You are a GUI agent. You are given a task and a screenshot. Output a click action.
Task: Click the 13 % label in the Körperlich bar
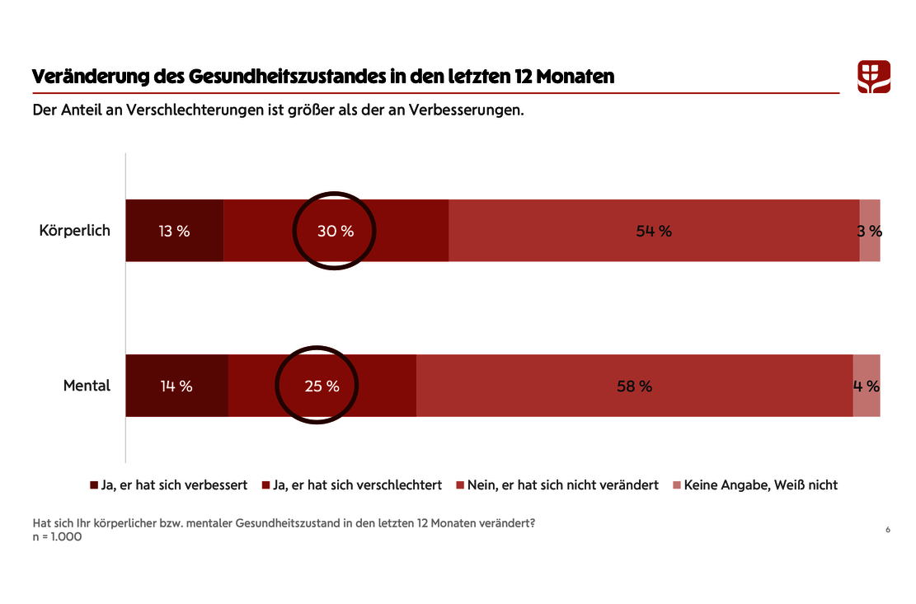pos(174,231)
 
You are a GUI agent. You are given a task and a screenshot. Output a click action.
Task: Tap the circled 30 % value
pos(336,231)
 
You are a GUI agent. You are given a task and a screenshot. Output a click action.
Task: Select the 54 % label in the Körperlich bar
pos(654,231)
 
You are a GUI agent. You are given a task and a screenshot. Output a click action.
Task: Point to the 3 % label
pos(869,231)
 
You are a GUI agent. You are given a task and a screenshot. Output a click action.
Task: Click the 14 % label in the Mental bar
pos(176,386)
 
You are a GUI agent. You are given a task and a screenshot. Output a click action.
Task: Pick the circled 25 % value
pos(322,386)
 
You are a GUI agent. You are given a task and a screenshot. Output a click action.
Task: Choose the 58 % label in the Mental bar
pos(634,386)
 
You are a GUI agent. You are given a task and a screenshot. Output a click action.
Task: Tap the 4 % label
pos(867,386)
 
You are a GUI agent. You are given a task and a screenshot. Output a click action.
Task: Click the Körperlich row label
pos(75,231)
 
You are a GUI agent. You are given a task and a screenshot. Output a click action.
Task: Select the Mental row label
pos(87,385)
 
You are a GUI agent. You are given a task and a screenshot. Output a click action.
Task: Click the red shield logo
pos(874,77)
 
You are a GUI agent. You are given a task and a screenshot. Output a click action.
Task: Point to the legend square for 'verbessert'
pos(94,485)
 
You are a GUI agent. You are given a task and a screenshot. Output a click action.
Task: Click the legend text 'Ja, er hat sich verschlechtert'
pos(357,485)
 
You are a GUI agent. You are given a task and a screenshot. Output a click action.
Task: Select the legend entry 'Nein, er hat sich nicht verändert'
pos(557,485)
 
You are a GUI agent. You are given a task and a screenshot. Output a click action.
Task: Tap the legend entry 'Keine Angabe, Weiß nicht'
pos(755,485)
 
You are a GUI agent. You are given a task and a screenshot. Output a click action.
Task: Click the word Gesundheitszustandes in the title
pos(288,77)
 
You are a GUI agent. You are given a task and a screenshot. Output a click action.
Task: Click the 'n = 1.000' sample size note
pos(57,537)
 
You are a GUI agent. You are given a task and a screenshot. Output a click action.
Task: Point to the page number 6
pos(888,530)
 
